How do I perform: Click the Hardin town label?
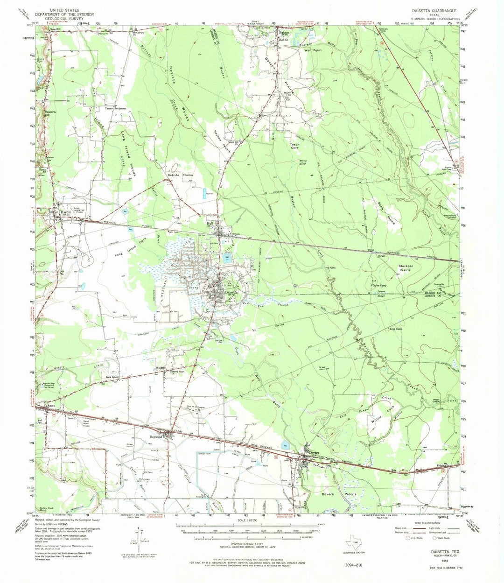64,212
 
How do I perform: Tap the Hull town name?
210,224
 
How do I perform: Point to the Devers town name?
312,452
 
